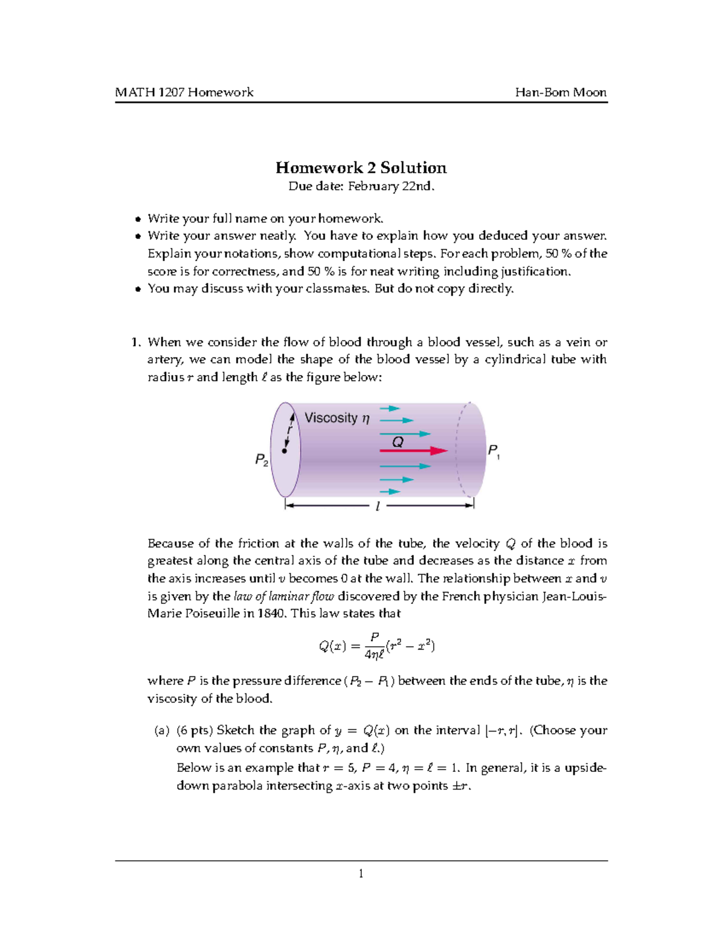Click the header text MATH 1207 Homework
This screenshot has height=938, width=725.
tap(184, 92)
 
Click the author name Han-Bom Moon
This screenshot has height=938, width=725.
tap(560, 92)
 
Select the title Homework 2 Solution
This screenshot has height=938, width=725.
tap(361, 168)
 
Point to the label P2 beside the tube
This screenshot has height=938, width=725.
tap(261, 460)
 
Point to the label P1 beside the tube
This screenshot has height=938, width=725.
tap(493, 451)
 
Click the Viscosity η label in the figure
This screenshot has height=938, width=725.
tap(337, 418)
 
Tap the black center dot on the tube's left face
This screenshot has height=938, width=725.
tap(284, 451)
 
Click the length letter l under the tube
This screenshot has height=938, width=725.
tap(378, 506)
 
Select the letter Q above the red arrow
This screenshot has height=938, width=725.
tap(397, 442)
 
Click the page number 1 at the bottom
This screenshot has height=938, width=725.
tap(361, 873)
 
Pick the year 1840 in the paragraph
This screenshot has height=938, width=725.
tap(272, 614)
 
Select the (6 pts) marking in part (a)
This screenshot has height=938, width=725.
tap(195, 730)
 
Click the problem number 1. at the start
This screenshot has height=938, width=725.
tap(136, 342)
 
